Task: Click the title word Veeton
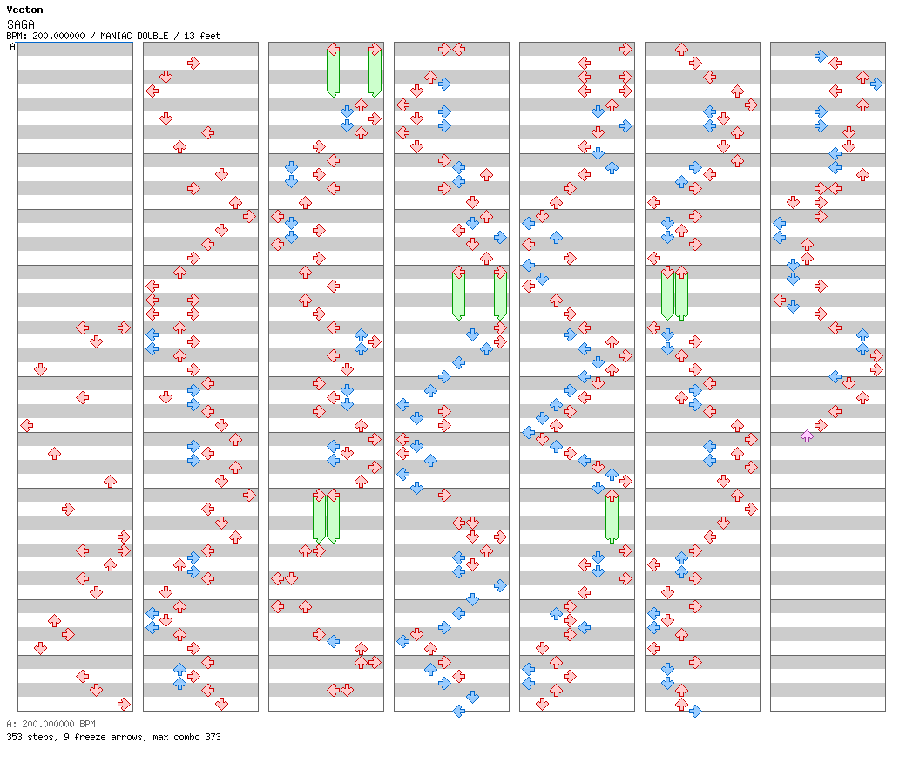(x=25, y=10)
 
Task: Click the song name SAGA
(x=21, y=24)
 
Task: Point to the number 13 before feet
(x=189, y=36)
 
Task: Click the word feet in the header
(x=210, y=36)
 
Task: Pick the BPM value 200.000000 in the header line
(x=58, y=36)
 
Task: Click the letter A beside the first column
(x=13, y=46)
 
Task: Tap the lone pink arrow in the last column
(x=808, y=436)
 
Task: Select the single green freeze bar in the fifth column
(x=612, y=517)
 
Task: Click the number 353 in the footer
(x=14, y=737)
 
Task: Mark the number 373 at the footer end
(x=213, y=737)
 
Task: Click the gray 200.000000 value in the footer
(x=48, y=724)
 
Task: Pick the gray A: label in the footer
(x=11, y=724)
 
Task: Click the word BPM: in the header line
(x=17, y=36)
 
